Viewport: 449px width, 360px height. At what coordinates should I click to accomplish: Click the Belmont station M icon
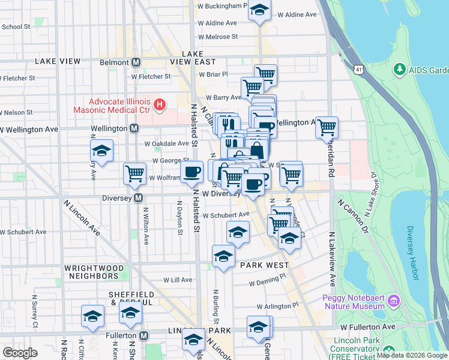point(136,62)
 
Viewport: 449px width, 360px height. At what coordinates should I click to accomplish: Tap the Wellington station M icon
point(134,128)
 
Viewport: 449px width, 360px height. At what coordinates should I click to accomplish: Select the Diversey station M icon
point(138,197)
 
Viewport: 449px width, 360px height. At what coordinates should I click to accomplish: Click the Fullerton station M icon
point(143,335)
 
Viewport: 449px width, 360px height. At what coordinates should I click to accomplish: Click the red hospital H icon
point(159,106)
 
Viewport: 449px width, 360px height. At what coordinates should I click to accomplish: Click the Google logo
point(20,353)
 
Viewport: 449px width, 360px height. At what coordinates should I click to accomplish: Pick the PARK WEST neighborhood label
point(265,265)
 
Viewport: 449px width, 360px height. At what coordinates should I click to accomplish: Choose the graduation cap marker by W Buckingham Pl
point(259,11)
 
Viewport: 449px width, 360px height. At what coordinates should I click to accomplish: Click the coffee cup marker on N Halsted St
point(191,173)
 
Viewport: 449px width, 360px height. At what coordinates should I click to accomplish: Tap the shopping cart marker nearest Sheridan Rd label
point(327,127)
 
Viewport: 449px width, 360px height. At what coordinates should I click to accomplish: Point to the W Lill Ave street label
point(178,280)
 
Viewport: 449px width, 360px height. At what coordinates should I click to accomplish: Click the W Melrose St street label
point(218,37)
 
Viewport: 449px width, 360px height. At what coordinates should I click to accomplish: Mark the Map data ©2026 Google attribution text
point(412,355)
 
